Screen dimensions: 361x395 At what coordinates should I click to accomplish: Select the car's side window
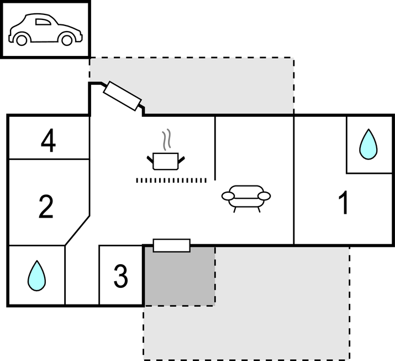(43, 22)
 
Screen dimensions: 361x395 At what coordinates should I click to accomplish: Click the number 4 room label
(49, 142)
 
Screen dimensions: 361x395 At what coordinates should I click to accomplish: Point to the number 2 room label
(46, 206)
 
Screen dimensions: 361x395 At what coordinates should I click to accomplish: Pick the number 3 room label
(120, 276)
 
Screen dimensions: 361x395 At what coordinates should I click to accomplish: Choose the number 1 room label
(344, 203)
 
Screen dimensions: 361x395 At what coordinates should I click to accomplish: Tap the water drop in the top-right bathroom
(368, 145)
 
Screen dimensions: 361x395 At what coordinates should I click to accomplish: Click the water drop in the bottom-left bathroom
(36, 276)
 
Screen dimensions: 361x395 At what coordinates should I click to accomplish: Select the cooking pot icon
(165, 161)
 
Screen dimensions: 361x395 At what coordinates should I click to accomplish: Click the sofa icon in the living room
(246, 197)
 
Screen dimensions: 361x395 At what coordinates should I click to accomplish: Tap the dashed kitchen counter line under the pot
(171, 180)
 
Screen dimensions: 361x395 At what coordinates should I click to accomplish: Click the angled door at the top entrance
(123, 96)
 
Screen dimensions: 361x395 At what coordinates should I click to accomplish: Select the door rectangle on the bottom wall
(171, 245)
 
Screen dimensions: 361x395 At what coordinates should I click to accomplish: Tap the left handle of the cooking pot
(150, 160)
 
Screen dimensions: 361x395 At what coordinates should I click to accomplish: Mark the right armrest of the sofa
(265, 195)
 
